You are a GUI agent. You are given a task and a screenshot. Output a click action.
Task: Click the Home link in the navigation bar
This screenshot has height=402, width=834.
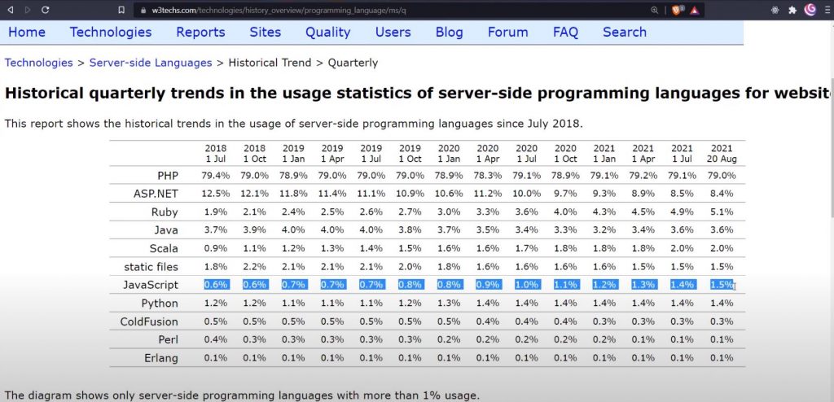pos(26,33)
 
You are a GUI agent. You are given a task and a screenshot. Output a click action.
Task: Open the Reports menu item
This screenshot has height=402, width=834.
pos(200,33)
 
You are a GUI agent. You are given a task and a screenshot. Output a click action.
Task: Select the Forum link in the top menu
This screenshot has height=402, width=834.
pos(507,33)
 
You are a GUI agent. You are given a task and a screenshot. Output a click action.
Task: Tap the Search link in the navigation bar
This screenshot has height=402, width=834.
pos(625,33)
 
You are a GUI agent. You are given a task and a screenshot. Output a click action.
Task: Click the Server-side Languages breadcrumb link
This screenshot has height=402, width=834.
pos(151,63)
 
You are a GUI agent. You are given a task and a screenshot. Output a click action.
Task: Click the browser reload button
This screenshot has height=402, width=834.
pos(44,10)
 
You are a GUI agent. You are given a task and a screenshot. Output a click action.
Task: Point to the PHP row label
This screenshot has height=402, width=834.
pos(168,176)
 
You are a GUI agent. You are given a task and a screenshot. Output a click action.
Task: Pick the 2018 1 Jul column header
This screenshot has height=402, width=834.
pos(216,154)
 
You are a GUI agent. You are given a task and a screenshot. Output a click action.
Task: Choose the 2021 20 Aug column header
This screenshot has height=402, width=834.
pos(722,154)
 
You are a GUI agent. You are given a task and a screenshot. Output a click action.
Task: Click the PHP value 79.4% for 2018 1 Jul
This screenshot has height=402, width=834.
pos(216,176)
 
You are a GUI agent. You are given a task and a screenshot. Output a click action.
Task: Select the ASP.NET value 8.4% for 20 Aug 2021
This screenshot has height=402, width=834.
pos(722,194)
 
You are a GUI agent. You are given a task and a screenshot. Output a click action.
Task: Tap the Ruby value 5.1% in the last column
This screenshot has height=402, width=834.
pos(722,212)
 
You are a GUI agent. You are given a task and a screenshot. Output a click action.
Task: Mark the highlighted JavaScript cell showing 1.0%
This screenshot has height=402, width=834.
pos(527,285)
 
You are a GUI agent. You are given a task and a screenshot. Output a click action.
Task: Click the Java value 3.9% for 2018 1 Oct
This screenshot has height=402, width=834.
pos(255,230)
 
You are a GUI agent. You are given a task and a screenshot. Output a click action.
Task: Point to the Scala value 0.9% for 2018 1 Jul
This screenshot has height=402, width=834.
pos(216,248)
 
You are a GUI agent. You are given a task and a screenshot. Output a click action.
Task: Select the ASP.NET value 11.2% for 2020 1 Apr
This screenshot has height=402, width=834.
pos(488,194)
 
